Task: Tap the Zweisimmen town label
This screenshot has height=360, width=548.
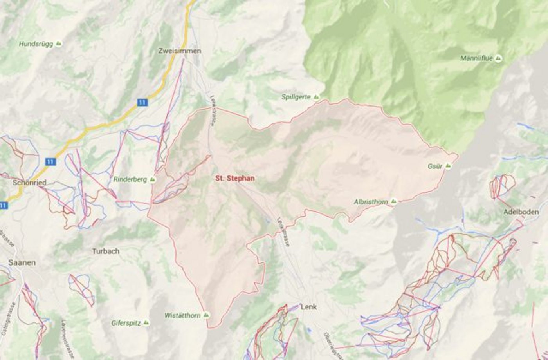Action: (180, 51)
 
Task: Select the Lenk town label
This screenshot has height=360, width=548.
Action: (308, 307)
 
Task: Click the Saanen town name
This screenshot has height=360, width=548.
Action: (22, 262)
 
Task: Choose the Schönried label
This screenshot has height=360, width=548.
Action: (29, 183)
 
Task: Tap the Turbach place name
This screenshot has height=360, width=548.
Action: (106, 251)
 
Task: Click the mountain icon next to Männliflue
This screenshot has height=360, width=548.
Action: (498, 59)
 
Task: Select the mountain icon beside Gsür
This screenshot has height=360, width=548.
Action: (448, 166)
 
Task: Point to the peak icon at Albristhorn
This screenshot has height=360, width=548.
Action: (393, 201)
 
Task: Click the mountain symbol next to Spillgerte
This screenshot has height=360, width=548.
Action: (316, 97)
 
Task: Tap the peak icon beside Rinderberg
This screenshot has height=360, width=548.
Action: (152, 179)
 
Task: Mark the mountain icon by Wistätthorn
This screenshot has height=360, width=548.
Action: (206, 315)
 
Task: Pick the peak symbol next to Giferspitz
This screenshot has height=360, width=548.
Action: (146, 323)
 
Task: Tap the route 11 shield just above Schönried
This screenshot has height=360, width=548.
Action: (50, 161)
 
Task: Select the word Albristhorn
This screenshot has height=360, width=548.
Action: (371, 202)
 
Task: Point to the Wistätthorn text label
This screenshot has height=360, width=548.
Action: (182, 315)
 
